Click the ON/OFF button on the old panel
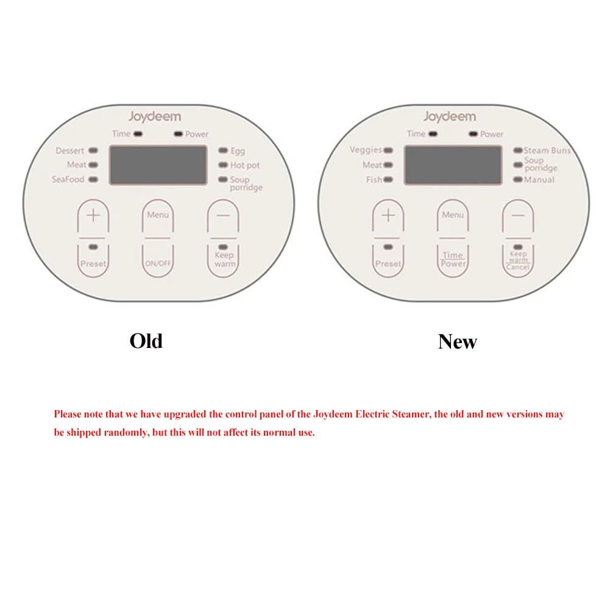tap(158, 261)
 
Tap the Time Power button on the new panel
tap(452, 261)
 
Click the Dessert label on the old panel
tap(69, 151)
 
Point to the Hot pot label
tap(245, 165)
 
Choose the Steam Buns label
tap(547, 151)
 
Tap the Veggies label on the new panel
tap(366, 150)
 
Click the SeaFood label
tap(68, 179)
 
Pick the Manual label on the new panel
tap(539, 180)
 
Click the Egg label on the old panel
tap(238, 151)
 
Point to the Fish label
tap(374, 180)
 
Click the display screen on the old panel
tap(158, 165)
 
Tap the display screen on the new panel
tap(453, 165)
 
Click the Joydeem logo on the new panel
tap(450, 117)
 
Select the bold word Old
tap(146, 341)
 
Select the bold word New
tap(457, 342)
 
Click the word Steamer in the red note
tap(411, 414)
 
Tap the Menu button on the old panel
tap(158, 216)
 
